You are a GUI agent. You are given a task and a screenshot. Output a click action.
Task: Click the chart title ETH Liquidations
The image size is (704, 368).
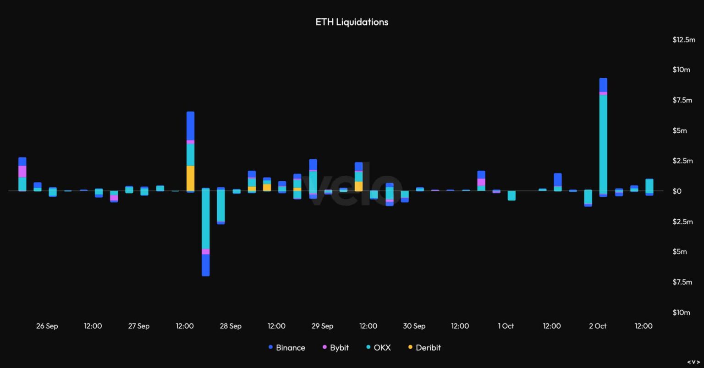[x=352, y=22]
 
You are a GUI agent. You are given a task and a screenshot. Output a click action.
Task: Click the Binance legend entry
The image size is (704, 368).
[x=286, y=347]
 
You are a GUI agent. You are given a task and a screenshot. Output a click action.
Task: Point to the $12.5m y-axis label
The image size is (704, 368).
[x=684, y=40]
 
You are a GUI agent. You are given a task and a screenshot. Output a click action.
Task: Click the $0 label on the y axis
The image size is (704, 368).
[x=690, y=191]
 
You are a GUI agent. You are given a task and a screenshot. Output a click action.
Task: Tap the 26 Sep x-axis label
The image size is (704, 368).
[x=47, y=326]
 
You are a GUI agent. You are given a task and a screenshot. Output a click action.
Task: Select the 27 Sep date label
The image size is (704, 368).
[x=138, y=326]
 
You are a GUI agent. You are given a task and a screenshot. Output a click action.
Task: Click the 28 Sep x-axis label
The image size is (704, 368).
[x=230, y=326]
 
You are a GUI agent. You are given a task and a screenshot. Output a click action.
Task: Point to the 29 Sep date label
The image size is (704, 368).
[x=322, y=326]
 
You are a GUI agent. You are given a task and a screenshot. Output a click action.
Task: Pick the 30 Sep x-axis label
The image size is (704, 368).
[x=414, y=326]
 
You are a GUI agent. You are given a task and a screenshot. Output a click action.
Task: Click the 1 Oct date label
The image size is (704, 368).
[x=506, y=326]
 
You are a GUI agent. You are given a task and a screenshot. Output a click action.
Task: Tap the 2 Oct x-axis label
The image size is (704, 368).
[x=597, y=326]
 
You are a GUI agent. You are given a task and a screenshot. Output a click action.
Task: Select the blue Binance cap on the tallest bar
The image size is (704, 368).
[x=603, y=85]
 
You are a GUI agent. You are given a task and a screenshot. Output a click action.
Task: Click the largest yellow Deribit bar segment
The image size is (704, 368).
[x=190, y=178]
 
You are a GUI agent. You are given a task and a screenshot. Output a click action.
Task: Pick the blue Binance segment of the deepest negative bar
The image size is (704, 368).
[x=206, y=265]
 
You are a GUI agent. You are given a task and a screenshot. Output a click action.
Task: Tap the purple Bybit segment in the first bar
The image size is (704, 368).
[x=22, y=171]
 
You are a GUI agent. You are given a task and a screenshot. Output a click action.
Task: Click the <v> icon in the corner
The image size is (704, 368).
[x=693, y=362]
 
